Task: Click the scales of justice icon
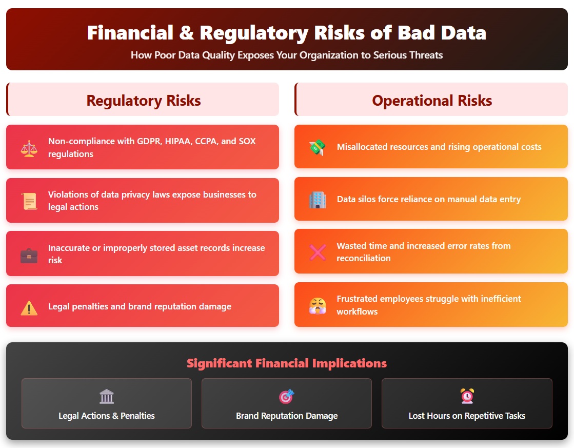click(x=29, y=148)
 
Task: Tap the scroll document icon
click(x=29, y=201)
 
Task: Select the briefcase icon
click(x=29, y=255)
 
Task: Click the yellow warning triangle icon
click(x=29, y=307)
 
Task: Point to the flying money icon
click(x=317, y=147)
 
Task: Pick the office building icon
click(x=317, y=200)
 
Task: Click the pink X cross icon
click(x=318, y=252)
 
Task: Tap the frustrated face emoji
click(x=317, y=305)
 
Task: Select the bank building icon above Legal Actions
click(x=107, y=396)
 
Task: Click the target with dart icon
click(x=286, y=396)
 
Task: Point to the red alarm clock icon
click(x=467, y=396)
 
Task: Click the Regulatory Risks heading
click(x=144, y=101)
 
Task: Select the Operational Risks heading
click(x=432, y=101)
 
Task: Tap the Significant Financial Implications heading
click(x=287, y=363)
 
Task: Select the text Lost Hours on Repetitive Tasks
click(x=467, y=416)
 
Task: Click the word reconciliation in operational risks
click(x=363, y=258)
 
